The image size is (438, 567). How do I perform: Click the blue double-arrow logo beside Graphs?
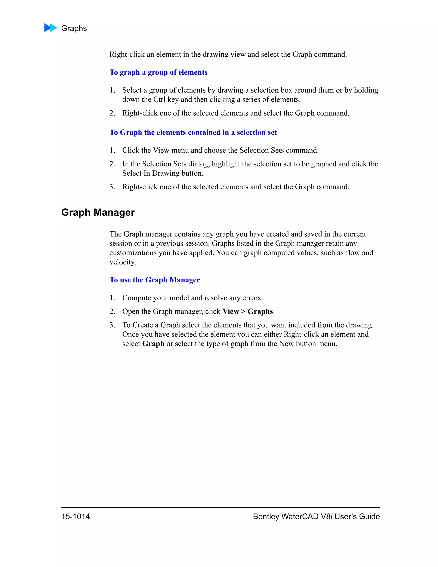point(51,28)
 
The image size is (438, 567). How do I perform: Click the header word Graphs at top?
point(74,28)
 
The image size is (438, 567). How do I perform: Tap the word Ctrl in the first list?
point(159,99)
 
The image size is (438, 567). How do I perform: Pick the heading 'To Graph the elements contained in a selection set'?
point(193,132)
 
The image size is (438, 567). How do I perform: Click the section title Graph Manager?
point(98,212)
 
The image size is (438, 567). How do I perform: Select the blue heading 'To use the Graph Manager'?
point(155,280)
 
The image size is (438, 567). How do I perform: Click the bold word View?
point(230,311)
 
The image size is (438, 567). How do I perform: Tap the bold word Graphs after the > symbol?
point(260,311)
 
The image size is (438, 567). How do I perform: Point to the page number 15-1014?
point(75,516)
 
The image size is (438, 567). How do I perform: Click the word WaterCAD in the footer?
point(300,516)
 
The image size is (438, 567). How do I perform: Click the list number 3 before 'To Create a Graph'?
point(112,325)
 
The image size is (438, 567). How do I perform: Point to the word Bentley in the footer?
point(266,516)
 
